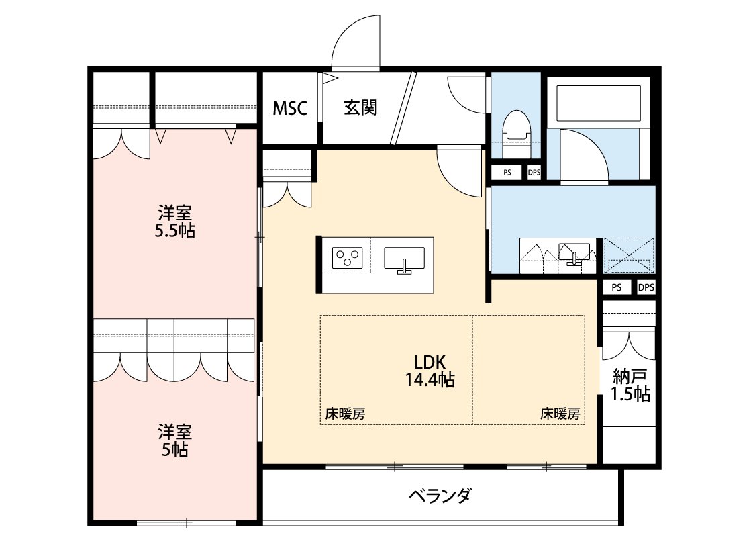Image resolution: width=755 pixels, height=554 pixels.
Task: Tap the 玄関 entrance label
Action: point(360,107)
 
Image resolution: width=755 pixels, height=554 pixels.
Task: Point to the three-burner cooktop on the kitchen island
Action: point(348,258)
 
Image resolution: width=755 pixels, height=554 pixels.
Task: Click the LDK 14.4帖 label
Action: point(430,370)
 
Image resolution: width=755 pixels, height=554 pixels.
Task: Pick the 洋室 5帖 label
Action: point(174,440)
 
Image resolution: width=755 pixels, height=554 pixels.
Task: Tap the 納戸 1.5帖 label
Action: point(630,385)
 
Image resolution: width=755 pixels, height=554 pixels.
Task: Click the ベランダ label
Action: point(440,497)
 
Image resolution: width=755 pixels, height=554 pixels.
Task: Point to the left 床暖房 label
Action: point(345,414)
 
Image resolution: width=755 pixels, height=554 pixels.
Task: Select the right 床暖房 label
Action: point(560,414)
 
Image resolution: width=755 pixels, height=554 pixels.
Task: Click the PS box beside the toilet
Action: point(507,173)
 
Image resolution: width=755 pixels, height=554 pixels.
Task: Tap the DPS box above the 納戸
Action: point(646,287)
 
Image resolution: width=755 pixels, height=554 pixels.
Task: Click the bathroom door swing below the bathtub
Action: point(583,154)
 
